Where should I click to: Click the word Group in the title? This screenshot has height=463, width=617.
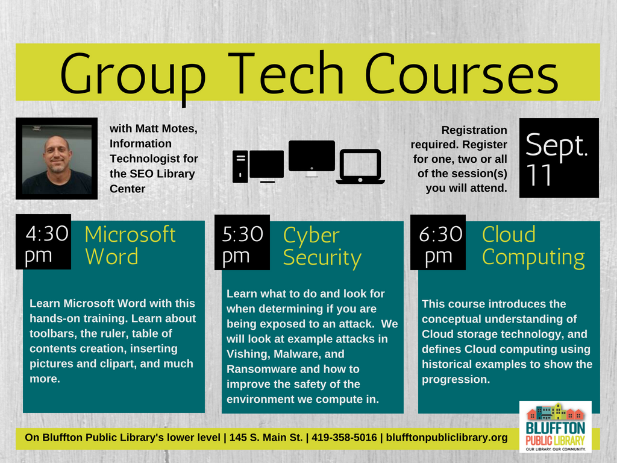(x=133, y=76)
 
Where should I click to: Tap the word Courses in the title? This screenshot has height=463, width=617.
(x=461, y=73)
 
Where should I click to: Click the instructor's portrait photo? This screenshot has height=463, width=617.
(x=57, y=159)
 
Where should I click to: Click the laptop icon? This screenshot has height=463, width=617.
(x=360, y=166)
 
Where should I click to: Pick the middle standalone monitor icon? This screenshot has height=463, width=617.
(x=312, y=159)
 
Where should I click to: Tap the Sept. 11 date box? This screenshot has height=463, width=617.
(x=559, y=158)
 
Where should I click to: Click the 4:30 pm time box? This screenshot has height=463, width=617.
(x=43, y=242)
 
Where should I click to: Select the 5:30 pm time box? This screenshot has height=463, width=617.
(x=242, y=242)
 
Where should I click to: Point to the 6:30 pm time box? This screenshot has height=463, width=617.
(x=438, y=242)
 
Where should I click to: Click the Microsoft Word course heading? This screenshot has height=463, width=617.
(x=130, y=245)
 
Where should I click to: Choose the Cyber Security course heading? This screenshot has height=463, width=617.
(x=322, y=247)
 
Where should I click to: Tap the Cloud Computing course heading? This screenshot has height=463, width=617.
(x=533, y=246)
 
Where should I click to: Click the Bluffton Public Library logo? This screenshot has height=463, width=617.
(x=555, y=427)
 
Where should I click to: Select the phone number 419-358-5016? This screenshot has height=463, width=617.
(x=344, y=438)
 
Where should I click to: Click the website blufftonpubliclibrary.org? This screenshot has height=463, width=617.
(x=446, y=438)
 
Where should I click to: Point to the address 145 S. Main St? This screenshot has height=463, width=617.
(x=266, y=438)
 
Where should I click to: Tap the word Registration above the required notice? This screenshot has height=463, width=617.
(x=474, y=130)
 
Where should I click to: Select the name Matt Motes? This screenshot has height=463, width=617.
(x=166, y=129)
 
